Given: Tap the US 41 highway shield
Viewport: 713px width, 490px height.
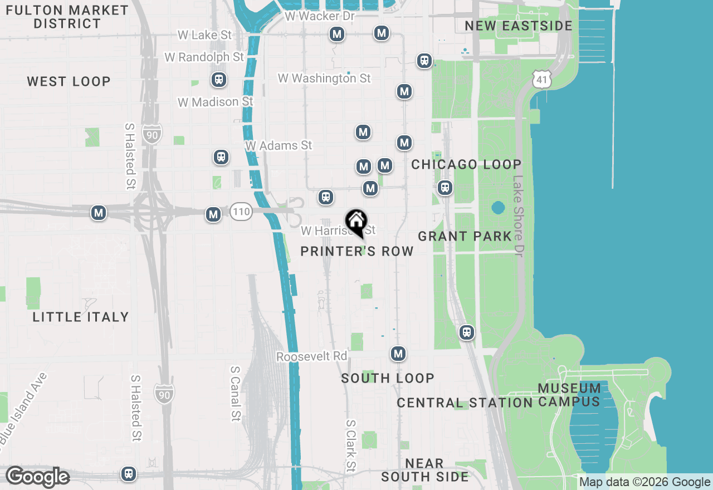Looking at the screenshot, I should click(x=541, y=80).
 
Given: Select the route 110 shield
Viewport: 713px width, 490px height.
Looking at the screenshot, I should click(x=242, y=212).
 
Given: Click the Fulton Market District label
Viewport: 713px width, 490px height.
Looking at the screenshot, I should click(x=67, y=17).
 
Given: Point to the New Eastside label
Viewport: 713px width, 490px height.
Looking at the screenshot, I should click(x=519, y=26).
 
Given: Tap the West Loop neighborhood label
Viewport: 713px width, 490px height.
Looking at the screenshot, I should click(x=69, y=81).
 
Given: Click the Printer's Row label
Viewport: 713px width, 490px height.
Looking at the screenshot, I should click(x=357, y=251).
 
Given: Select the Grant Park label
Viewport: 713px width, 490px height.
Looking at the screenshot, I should click(x=465, y=236).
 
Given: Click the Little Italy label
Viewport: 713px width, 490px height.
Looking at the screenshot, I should click(x=81, y=317).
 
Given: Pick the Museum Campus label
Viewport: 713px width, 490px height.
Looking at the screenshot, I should click(x=569, y=395).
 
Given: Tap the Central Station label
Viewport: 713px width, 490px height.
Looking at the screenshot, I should click(x=465, y=403).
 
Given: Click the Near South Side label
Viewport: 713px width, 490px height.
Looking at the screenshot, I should click(x=424, y=470).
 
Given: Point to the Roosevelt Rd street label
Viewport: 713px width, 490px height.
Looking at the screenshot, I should click(x=311, y=356).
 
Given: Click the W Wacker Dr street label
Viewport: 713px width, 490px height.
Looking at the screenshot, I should click(x=320, y=16).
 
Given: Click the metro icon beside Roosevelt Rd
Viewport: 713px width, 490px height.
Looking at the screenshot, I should click(x=398, y=354).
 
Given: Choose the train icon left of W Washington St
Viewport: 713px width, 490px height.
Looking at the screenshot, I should click(x=219, y=80).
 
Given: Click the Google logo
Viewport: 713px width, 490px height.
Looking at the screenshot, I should click(x=37, y=477).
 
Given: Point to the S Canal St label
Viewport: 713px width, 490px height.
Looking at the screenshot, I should click(x=235, y=394).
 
